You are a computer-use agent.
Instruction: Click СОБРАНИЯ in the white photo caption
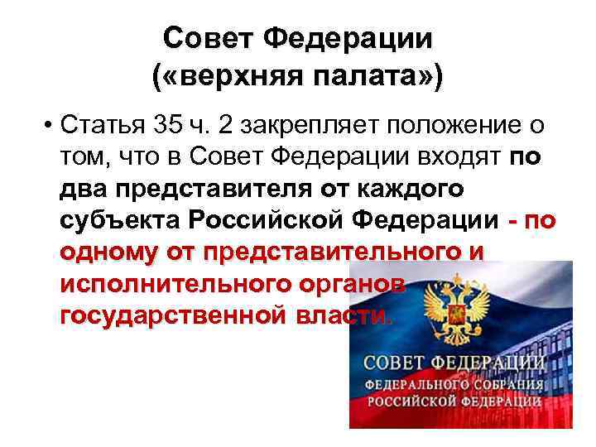coord(507,385)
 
